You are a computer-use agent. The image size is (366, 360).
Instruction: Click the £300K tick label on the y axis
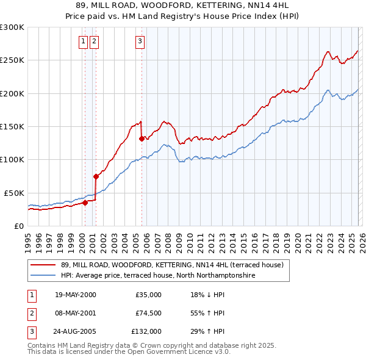[x=12, y=27]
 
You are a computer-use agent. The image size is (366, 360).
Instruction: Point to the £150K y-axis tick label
[x=12, y=126]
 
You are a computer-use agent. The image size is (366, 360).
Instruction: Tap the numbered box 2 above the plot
[x=94, y=41]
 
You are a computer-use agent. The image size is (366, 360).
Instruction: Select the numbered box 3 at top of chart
[x=140, y=41]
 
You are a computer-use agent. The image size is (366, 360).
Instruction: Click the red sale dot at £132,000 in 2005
[x=142, y=139]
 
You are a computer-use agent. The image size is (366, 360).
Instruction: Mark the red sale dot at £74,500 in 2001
[x=96, y=176]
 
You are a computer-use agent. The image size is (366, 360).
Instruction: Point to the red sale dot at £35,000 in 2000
[x=85, y=203]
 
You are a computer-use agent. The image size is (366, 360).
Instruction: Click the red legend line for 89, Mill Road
[x=42, y=265]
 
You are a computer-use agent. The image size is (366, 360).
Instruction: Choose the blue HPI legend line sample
[x=42, y=276]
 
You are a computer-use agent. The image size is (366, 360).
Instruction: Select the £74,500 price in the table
[x=148, y=314]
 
